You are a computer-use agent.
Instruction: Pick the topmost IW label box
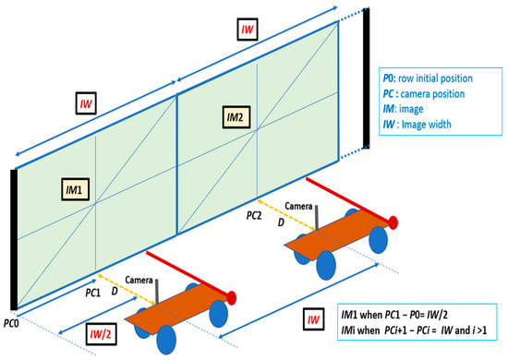point(247,30)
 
